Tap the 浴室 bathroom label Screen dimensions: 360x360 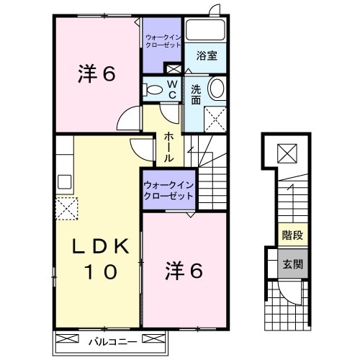click(x=206, y=54)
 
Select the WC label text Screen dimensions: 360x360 click(x=172, y=89)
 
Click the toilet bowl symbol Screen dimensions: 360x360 click(x=153, y=90)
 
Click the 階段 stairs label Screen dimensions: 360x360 click(x=292, y=234)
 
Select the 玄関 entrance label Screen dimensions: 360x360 click(x=292, y=264)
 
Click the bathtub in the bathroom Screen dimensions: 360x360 click(x=206, y=30)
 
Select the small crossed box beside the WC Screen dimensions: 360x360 click(x=173, y=69)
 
